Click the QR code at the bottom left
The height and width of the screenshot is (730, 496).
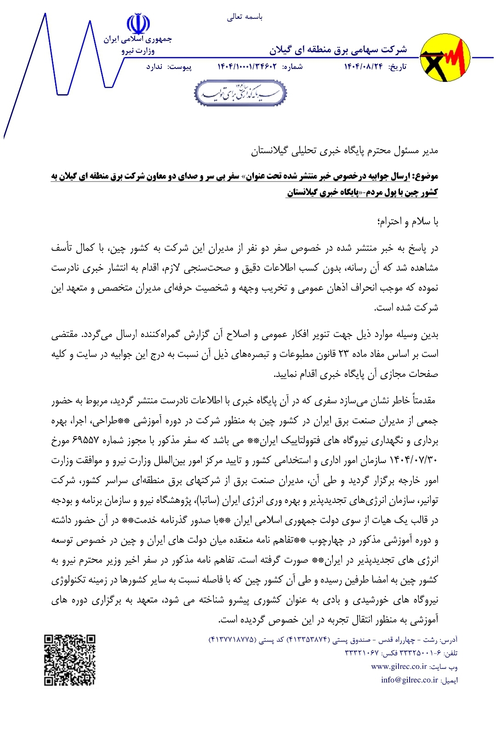click(x=70, y=660)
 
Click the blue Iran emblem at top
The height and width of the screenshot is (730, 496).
click(x=138, y=23)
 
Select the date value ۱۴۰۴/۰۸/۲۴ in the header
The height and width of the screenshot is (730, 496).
click(x=363, y=67)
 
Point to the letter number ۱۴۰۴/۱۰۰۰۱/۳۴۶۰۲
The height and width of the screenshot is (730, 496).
click(x=247, y=67)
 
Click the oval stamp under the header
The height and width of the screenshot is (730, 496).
click(x=240, y=93)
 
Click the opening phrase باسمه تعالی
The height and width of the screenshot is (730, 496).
click(x=245, y=17)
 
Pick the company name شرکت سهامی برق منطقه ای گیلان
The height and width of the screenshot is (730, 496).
click(x=338, y=49)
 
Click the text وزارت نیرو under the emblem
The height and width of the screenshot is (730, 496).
click(x=138, y=51)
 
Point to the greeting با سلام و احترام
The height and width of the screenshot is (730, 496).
click(x=407, y=222)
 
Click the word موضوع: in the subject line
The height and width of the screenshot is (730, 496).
click(x=425, y=176)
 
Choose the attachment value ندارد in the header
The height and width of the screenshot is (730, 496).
click(x=154, y=67)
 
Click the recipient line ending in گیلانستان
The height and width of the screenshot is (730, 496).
click(x=344, y=150)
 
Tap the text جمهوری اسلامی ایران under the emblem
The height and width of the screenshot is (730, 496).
click(x=137, y=40)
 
